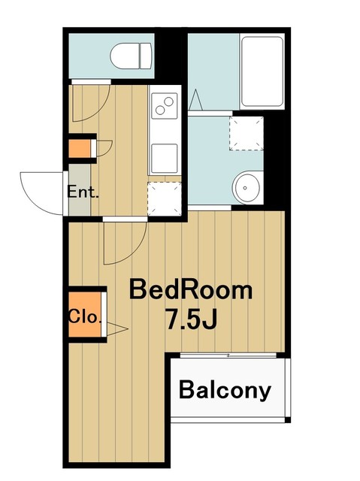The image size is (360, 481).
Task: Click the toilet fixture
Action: click(132, 56)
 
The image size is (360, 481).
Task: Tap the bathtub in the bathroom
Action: click(262, 71)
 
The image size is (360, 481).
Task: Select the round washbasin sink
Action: click(246, 187)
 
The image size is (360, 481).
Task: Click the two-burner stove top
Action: click(165, 106)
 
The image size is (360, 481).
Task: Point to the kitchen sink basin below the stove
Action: click(165, 159)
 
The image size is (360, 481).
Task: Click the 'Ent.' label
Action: click(83, 192)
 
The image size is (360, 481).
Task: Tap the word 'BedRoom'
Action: click(191, 290)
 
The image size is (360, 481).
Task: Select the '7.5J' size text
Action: click(191, 319)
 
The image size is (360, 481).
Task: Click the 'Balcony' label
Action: click(225, 391)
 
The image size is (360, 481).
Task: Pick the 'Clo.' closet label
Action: click(84, 316)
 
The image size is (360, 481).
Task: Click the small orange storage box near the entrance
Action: click(80, 149)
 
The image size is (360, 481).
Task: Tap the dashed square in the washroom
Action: click(247, 133)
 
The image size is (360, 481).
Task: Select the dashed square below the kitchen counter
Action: click(165, 198)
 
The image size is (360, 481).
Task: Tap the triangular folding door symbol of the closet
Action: click(117, 329)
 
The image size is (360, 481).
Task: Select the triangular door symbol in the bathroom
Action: click(195, 99)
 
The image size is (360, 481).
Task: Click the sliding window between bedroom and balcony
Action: click(228, 355)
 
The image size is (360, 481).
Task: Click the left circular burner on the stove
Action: click(160, 110)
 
